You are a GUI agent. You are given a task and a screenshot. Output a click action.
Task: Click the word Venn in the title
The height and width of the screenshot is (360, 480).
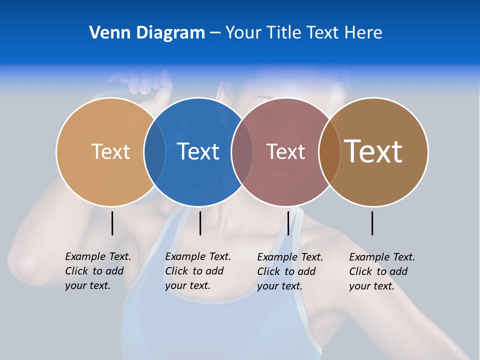point(104,33)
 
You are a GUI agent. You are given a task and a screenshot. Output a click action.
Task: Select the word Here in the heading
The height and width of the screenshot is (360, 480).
point(363,33)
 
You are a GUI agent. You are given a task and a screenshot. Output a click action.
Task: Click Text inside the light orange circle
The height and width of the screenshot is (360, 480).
point(110,151)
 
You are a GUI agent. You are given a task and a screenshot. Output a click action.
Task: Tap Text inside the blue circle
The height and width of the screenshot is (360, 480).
point(198,151)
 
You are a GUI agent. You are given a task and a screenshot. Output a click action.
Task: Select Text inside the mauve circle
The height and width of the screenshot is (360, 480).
point(285,151)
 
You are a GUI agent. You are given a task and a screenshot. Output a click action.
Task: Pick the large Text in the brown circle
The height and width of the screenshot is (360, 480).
point(373,151)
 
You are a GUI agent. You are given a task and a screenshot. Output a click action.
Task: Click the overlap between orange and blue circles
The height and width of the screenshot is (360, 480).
point(154,151)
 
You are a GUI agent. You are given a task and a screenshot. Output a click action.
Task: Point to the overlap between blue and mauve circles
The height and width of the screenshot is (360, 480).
point(242,151)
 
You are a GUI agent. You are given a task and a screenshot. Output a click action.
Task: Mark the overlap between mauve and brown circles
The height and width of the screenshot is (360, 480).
point(329,151)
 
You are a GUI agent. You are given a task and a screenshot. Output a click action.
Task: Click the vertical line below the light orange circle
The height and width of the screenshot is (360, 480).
point(112,223)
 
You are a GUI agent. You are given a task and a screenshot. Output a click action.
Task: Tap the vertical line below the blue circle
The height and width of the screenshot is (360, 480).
point(200,223)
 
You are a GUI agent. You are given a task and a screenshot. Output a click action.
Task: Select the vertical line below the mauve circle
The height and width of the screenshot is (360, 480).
point(288,223)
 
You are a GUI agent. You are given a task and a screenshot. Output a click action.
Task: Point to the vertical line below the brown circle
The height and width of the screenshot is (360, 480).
point(372,223)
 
